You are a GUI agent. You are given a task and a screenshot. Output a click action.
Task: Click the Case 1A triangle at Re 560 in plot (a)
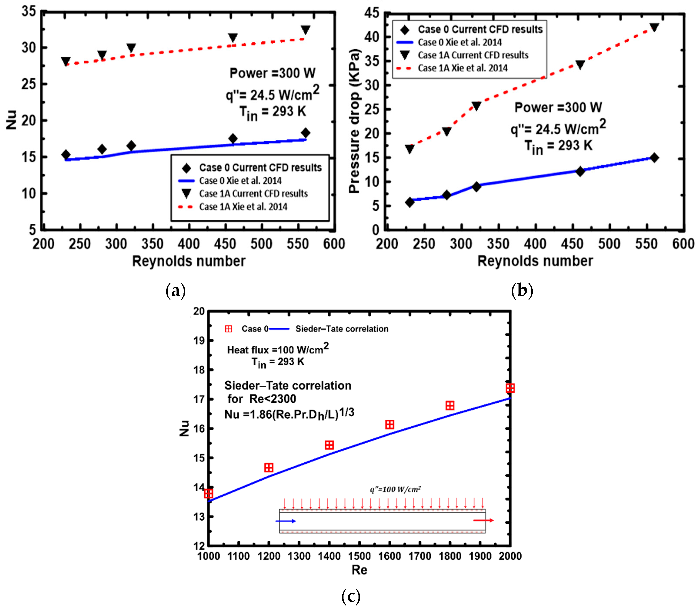(x=305, y=30)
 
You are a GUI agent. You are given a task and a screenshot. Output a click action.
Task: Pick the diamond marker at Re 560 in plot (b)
(x=654, y=158)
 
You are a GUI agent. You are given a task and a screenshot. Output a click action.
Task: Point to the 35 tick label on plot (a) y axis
(x=29, y=12)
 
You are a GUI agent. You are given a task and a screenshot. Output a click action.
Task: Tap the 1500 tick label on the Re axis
(x=359, y=556)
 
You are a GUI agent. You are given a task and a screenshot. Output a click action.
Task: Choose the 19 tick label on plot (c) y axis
(x=199, y=341)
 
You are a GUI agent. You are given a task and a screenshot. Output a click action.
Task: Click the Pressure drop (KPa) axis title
(x=355, y=121)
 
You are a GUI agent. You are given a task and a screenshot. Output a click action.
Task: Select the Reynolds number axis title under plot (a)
(x=188, y=261)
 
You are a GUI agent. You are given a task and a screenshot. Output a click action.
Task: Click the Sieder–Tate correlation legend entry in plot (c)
(x=342, y=329)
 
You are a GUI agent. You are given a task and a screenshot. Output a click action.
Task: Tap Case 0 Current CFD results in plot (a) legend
(x=260, y=168)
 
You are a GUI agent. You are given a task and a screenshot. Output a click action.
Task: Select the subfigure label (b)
(x=522, y=291)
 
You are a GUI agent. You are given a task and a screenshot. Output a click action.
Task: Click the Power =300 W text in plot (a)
(x=272, y=73)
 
